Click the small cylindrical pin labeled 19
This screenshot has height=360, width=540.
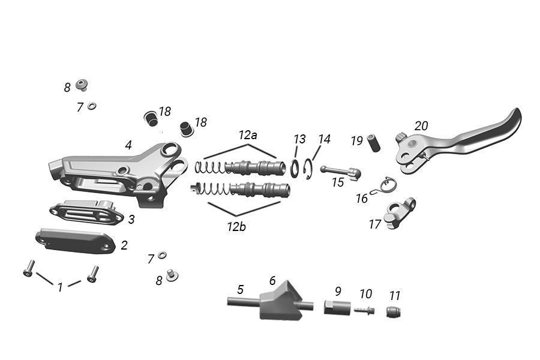[x=374, y=143]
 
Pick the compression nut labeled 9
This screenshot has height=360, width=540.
[x=337, y=307]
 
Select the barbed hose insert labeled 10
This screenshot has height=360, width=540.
[x=364, y=310]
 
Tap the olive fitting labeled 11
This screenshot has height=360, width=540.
[x=394, y=312]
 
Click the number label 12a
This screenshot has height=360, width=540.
[x=248, y=135]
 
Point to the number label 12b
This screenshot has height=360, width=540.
[x=236, y=227]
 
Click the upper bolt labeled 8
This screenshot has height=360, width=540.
[x=82, y=85]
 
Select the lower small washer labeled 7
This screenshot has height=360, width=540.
[x=162, y=255]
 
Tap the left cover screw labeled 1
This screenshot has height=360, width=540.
[x=29, y=268]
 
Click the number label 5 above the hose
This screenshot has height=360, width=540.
[x=241, y=289]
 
